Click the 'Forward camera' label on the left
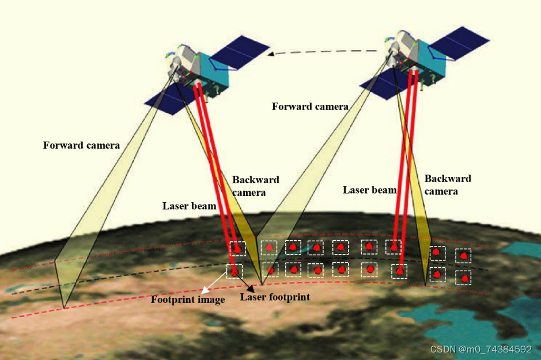pos(81,145)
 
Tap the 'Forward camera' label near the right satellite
pos(310,107)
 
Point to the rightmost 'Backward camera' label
pos(448,184)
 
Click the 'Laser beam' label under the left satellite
pos(189,206)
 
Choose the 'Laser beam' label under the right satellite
pos(369,190)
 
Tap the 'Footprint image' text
pos(187,300)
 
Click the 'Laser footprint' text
pos(275,297)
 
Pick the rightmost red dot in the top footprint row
pos(463,254)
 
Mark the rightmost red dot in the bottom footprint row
pos(463,278)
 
